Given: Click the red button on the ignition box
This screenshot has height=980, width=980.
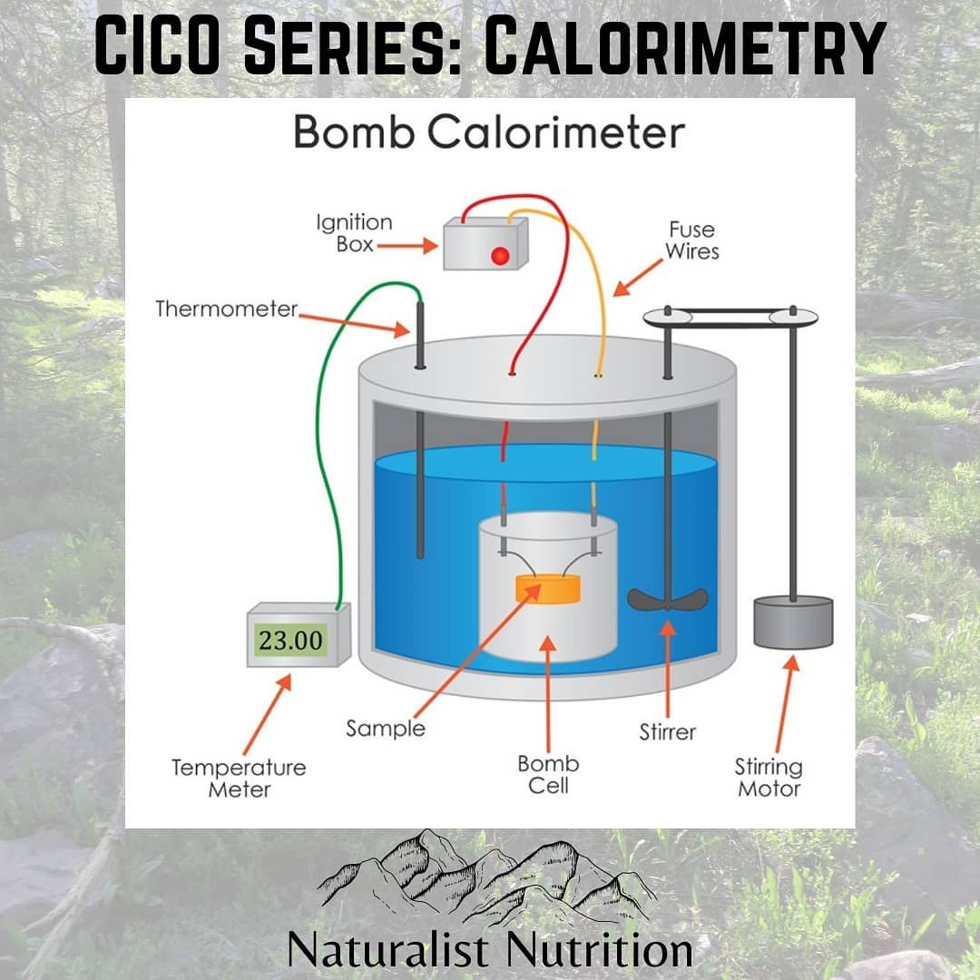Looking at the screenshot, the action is (x=500, y=256).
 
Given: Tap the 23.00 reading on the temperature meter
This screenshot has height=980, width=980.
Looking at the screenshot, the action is (x=290, y=641).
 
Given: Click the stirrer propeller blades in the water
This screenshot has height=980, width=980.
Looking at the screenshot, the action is (x=668, y=600).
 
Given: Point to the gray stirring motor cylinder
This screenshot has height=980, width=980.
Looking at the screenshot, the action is (x=793, y=622).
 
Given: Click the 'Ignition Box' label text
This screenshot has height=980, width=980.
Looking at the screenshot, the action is (x=355, y=233).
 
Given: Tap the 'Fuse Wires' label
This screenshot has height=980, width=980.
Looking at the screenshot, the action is (x=691, y=240).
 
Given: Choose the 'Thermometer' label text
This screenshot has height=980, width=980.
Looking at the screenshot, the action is (x=226, y=309).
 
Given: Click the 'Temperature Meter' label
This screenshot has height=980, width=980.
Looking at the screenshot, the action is (x=240, y=779).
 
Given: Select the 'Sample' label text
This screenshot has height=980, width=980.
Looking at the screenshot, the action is (x=386, y=729).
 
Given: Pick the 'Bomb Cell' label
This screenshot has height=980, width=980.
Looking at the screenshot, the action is (x=548, y=774).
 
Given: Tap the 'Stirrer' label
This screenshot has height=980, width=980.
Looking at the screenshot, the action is (x=668, y=732).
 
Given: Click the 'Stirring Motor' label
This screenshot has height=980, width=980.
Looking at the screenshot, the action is (x=769, y=778).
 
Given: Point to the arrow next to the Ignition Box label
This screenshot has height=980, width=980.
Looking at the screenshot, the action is (x=407, y=246).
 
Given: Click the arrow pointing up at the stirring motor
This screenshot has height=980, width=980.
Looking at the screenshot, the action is (x=786, y=704).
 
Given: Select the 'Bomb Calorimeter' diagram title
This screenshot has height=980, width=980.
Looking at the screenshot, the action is (x=489, y=132).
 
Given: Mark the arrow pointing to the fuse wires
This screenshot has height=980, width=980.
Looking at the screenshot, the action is (x=638, y=278).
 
